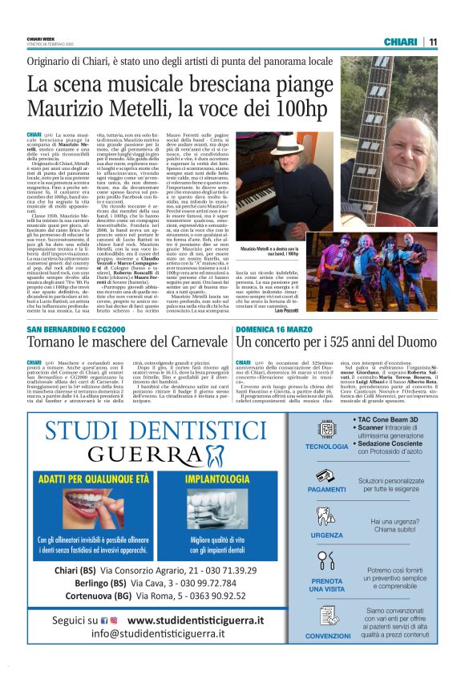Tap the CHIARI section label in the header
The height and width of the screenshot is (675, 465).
(400, 42)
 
